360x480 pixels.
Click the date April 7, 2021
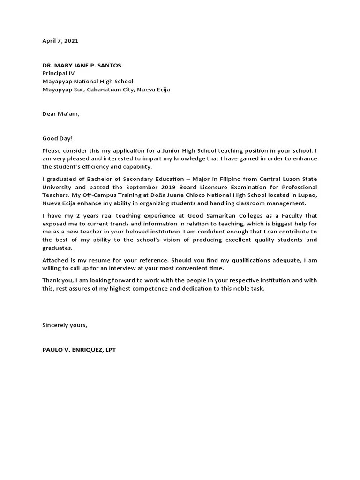(60, 41)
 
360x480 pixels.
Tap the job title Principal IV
(58, 74)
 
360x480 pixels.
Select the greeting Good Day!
(58, 139)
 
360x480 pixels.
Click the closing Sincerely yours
(65, 325)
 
